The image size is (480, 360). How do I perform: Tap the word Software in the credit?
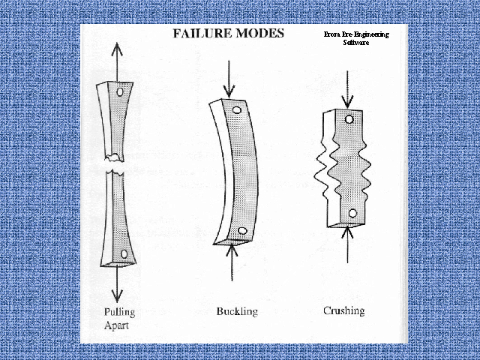click(x=352, y=43)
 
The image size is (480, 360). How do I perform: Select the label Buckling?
click(x=236, y=310)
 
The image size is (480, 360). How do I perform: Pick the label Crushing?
click(x=345, y=310)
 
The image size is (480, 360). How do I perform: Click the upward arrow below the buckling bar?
click(x=235, y=262)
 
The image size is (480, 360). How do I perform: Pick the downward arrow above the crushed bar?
click(x=346, y=91)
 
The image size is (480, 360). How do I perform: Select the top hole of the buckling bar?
click(x=236, y=110)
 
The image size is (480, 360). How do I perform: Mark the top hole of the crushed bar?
click(x=349, y=118)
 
